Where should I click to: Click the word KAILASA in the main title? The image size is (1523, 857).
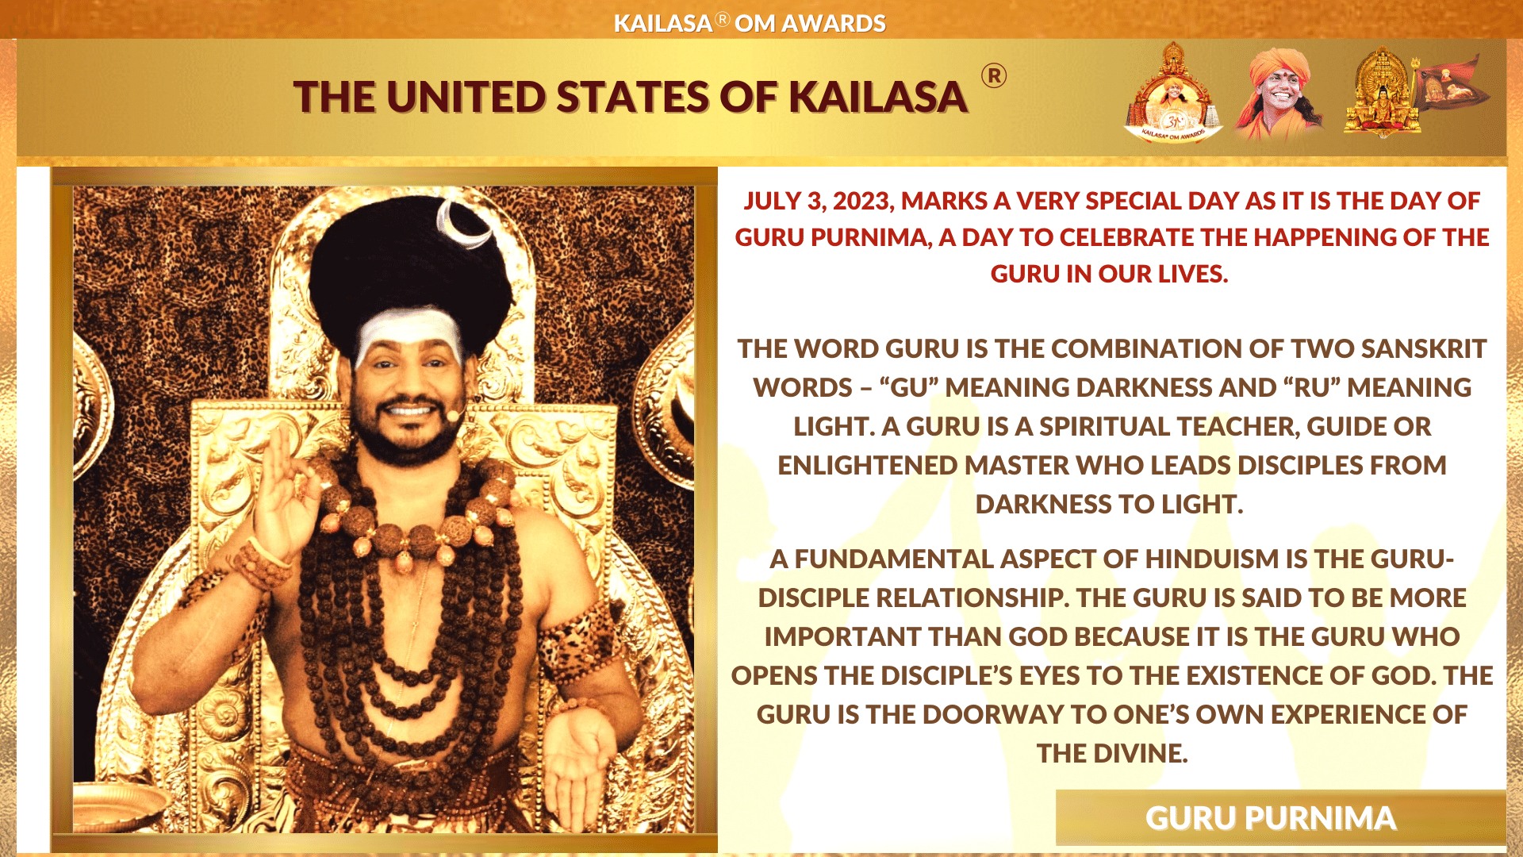pos(878,98)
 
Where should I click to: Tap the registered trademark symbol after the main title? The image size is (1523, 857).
pos(994,76)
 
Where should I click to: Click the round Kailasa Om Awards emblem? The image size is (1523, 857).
pos(1173,94)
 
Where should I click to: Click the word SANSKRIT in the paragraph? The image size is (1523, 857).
pos(1424,348)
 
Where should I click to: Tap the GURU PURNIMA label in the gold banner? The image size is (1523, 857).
pos(1271,818)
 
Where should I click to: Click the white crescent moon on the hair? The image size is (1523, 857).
pos(467,224)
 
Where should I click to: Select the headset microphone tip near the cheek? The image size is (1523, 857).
pos(454,415)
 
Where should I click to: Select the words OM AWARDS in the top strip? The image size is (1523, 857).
pos(810,24)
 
